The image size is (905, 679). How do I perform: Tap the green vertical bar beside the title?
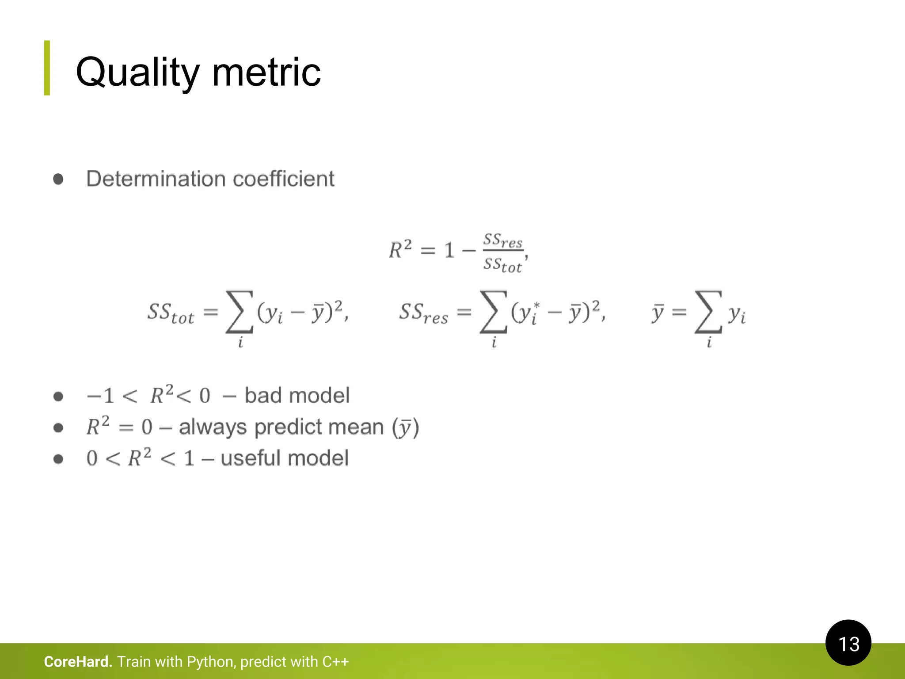click(47, 68)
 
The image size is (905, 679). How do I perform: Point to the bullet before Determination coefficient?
click(58, 179)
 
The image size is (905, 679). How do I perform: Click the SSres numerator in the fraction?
click(502, 241)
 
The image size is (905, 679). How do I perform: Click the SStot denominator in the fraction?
click(502, 265)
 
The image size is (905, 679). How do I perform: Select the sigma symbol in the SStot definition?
click(239, 311)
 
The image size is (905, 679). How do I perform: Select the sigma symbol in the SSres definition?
click(493, 311)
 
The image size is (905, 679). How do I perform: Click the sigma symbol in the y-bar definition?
click(708, 311)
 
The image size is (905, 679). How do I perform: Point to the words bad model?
click(297, 396)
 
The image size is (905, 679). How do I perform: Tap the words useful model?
click(285, 458)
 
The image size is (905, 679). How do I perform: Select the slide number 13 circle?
click(848, 643)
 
